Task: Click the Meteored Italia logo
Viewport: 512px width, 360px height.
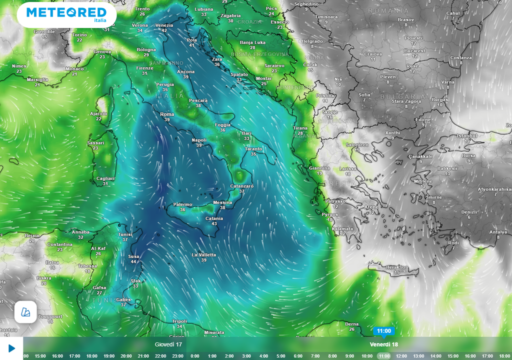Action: point(66,14)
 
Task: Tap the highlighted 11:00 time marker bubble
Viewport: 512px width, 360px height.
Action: point(383,331)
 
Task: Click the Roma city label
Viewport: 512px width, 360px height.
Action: point(167,114)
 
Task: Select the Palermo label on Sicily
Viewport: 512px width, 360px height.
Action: point(182,204)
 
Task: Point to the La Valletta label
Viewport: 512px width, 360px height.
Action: point(204,255)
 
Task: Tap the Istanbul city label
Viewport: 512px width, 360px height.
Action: point(467,136)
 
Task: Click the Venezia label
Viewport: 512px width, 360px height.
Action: point(164,25)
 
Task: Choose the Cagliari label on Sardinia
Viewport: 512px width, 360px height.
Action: point(105,178)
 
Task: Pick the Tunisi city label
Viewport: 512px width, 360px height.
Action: point(125,234)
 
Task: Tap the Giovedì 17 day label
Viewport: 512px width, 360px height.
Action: point(168,344)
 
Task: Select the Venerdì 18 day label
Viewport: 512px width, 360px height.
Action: point(383,344)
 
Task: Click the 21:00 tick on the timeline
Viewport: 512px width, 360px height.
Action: point(143,356)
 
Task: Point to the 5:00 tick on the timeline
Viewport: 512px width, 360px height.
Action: point(281,356)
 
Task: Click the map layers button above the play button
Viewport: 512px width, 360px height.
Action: point(25,312)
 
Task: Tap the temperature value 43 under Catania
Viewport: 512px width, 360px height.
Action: point(214,223)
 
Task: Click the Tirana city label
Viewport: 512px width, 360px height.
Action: point(300,128)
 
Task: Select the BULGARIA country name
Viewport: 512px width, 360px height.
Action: point(395,96)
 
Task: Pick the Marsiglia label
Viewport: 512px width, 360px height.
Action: point(37,79)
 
